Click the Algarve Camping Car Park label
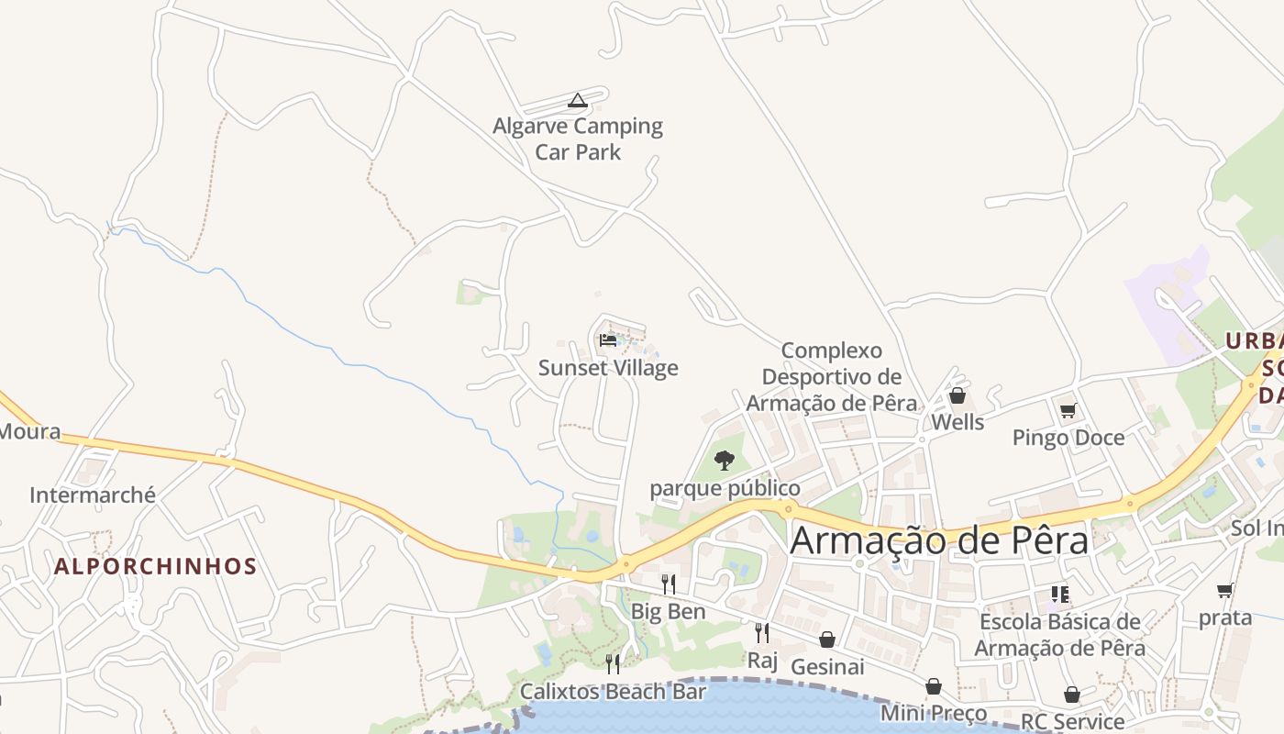coord(578,139)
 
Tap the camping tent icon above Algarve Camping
coord(577,100)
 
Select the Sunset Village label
coord(608,368)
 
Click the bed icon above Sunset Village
coord(608,340)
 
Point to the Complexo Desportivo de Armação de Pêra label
coord(832,376)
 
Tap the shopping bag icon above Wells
coord(957,395)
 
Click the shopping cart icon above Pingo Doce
coord(1068,410)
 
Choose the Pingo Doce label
coord(1068,438)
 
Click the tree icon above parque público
coord(725,461)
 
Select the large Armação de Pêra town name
coord(939,540)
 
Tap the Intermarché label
coord(93,495)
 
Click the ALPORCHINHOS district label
coord(155,566)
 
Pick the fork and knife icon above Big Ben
coord(669,584)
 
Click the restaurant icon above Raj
coord(762,633)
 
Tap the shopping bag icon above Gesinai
coord(827,639)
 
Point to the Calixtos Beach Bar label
coord(613,691)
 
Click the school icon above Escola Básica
coord(1060,595)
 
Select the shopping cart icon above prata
coord(1224,590)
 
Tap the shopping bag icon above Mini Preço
coord(934,686)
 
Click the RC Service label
coord(1072,721)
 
